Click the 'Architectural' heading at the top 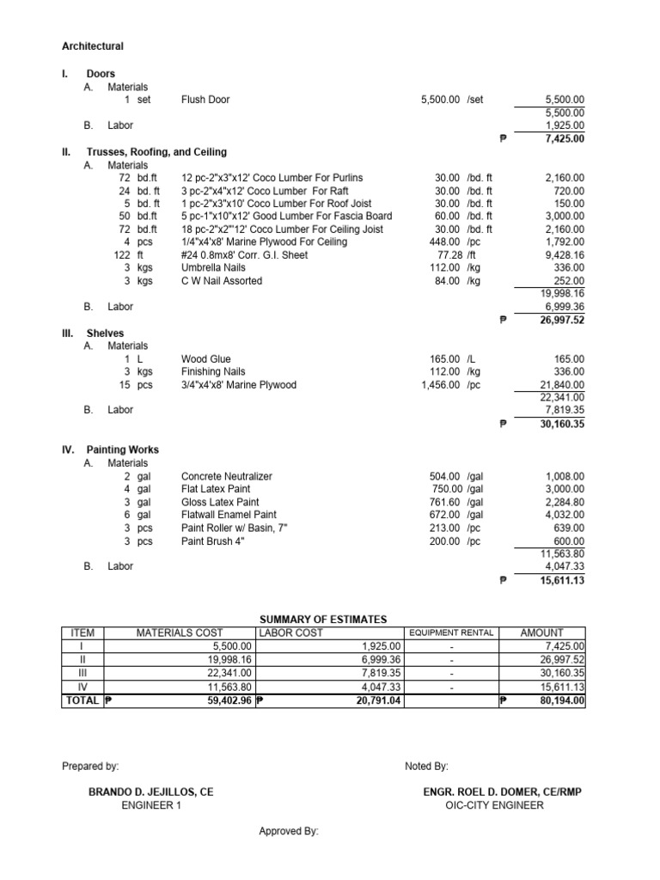pos(93,46)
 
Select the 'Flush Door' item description pos(205,100)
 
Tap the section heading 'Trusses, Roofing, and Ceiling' pos(156,152)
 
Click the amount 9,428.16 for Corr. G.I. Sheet pos(565,255)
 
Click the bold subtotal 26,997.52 pos(562,320)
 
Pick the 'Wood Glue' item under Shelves pos(205,359)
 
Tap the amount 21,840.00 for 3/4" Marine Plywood pos(561,385)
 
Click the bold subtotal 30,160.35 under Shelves pos(562,424)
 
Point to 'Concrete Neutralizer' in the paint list pos(226,476)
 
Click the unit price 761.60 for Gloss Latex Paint pos(444,502)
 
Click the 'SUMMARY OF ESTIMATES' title pos(323,620)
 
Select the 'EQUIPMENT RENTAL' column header pos(451,633)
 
